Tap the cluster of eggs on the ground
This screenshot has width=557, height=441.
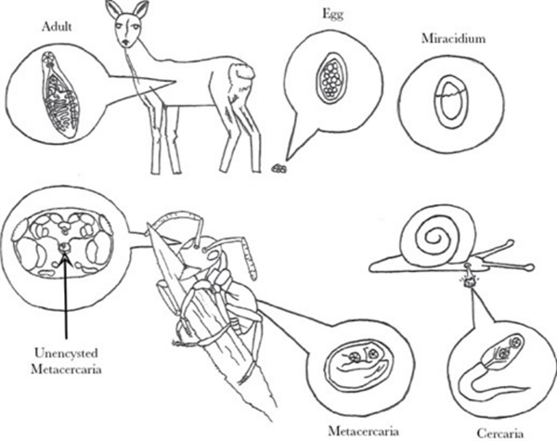click(x=278, y=169)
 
